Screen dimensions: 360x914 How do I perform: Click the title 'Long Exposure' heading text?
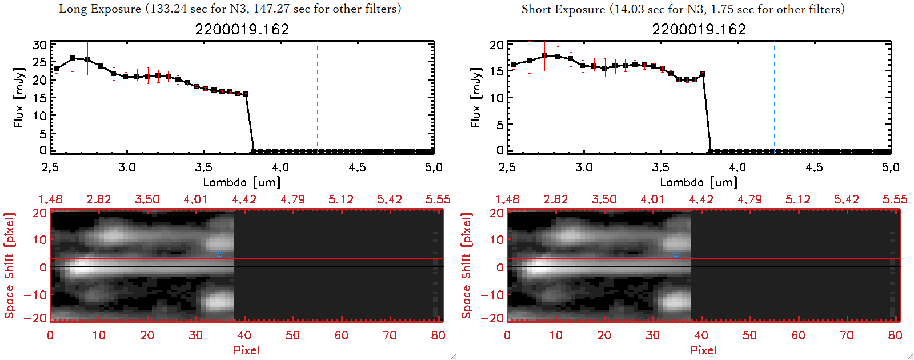pyautogui.click(x=100, y=9)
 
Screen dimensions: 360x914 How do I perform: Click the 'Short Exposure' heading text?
pyautogui.click(x=563, y=9)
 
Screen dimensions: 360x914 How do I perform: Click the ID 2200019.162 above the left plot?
pyautogui.click(x=242, y=29)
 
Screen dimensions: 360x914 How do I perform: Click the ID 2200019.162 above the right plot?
pyautogui.click(x=699, y=29)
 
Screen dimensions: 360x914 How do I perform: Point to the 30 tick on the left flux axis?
pyautogui.click(x=39, y=45)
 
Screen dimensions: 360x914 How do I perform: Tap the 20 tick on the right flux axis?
pyautogui.click(x=496, y=45)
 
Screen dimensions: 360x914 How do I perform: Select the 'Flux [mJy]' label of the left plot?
pyautogui.click(x=19, y=97)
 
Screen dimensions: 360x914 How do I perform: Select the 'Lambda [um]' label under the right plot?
pyautogui.click(x=699, y=182)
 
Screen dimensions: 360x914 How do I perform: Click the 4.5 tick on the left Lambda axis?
pyautogui.click(x=357, y=167)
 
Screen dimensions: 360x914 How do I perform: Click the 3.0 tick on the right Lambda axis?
pyautogui.click(x=584, y=167)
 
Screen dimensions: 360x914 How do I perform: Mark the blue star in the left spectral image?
pyautogui.click(x=219, y=254)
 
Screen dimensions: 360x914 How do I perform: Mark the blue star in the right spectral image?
pyautogui.click(x=676, y=254)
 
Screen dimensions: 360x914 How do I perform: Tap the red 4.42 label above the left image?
pyautogui.click(x=244, y=199)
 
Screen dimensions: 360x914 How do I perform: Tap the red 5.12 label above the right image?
pyautogui.click(x=797, y=199)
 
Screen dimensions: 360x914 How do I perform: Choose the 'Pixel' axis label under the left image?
pyautogui.click(x=246, y=350)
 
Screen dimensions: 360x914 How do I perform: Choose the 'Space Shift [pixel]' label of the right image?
pyautogui.click(x=467, y=266)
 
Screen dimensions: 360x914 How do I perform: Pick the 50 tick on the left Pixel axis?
pyautogui.click(x=292, y=335)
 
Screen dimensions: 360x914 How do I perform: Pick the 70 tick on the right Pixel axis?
pyautogui.click(x=847, y=335)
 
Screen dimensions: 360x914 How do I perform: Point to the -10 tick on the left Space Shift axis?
pyautogui.click(x=35, y=295)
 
